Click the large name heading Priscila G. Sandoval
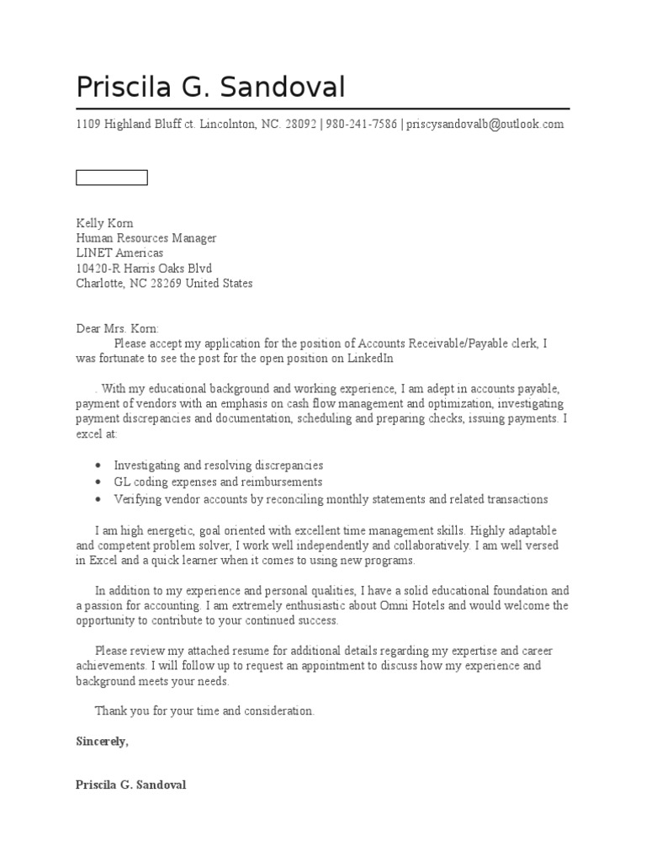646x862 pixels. point(210,88)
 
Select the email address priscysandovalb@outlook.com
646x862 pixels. point(484,125)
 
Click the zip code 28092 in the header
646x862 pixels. point(300,125)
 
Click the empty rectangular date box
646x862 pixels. point(112,177)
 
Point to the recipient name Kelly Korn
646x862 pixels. point(105,223)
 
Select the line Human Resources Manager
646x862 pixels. point(146,238)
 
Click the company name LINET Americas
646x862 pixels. point(119,253)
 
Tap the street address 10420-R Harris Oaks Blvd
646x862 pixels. point(144,269)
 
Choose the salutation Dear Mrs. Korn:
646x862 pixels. point(117,328)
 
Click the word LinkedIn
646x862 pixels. point(371,359)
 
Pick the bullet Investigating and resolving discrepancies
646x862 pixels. point(218,466)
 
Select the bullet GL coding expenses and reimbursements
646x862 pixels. point(218,482)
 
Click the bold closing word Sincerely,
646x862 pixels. point(102,742)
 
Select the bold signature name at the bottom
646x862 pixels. point(130,785)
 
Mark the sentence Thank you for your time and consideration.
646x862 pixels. point(204,711)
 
